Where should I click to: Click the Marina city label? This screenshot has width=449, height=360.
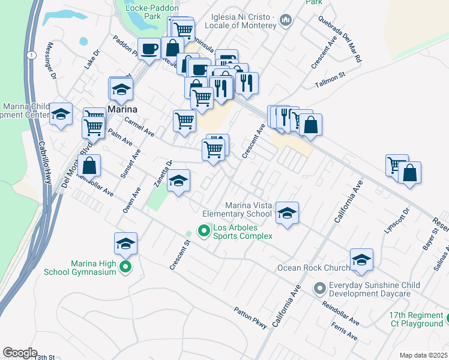122,109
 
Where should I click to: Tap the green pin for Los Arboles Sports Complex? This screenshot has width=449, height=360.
204,230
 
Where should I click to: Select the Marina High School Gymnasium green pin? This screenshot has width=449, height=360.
125,266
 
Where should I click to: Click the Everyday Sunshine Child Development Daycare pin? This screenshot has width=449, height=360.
319,289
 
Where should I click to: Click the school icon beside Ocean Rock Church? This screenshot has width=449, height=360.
361,260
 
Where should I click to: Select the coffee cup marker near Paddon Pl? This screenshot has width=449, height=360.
149,48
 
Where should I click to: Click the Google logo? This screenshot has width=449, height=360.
20,353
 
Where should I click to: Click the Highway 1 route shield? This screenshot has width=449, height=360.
29,55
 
